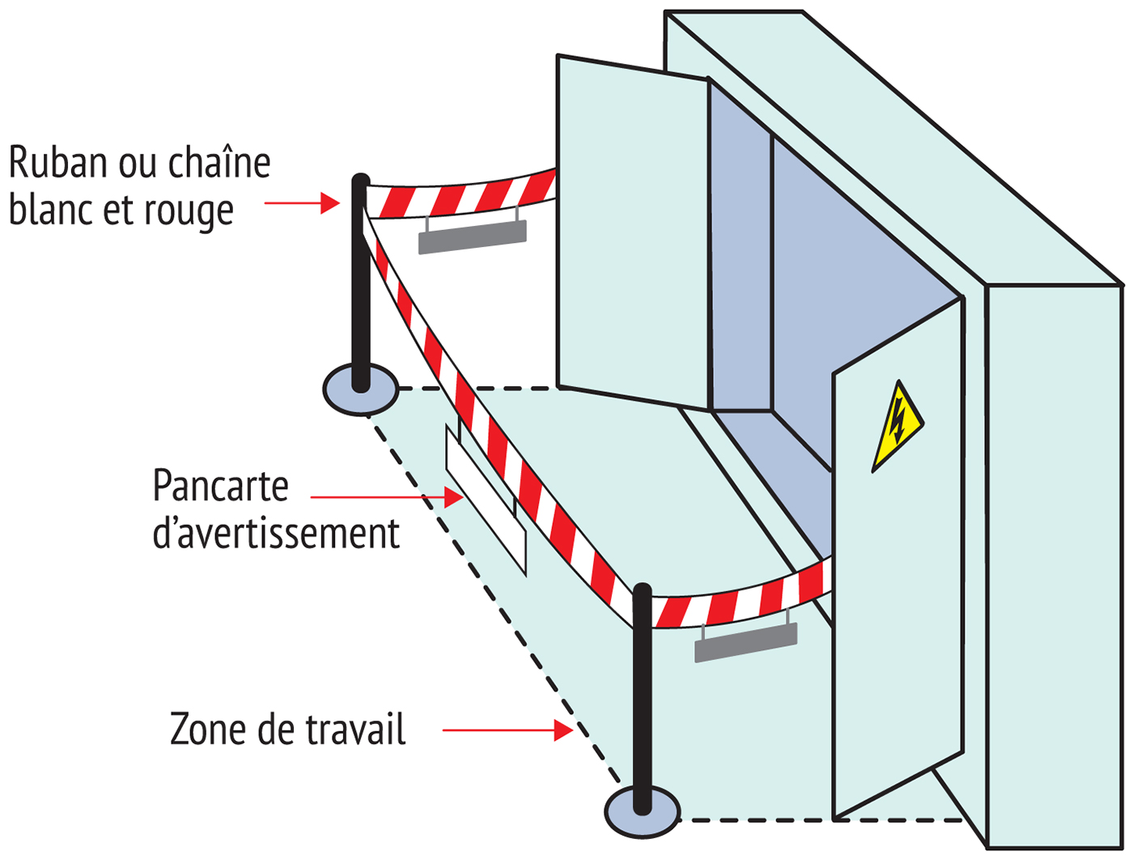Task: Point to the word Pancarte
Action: [220, 486]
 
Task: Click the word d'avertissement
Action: [276, 534]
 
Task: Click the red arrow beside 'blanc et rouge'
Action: [303, 202]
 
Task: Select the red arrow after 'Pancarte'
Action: [387, 496]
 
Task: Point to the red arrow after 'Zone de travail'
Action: [508, 730]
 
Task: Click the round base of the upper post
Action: [361, 390]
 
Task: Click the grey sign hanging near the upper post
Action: [473, 236]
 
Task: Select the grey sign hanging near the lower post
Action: [745, 641]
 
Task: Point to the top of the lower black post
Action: [642, 590]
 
